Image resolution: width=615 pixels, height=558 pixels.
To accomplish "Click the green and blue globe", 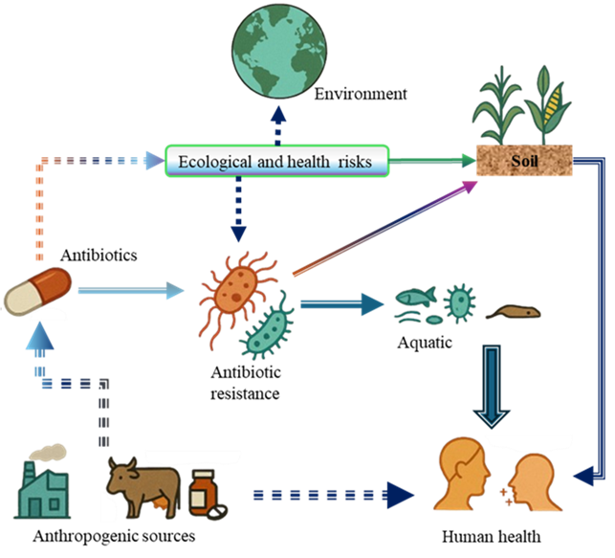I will pos(277,52).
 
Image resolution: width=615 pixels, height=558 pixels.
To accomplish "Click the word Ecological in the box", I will pos(213,162).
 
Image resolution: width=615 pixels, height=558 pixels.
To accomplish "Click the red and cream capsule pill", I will pos(38,290).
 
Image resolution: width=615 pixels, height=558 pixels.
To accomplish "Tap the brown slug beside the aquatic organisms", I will pos(514,312).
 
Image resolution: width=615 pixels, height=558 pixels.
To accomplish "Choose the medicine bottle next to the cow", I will pos(202,494).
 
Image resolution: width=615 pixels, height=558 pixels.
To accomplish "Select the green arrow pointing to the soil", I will pos(432,162).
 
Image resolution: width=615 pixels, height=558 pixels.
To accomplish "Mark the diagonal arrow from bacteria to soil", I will pos(384,229).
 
